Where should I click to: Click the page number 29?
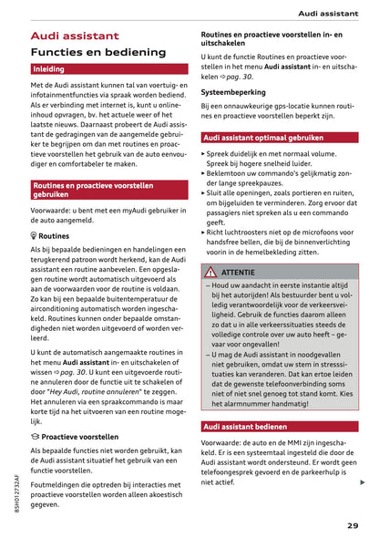[x=353, y=524]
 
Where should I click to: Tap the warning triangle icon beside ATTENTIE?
[x=210, y=272]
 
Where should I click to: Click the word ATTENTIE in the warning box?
[x=239, y=273]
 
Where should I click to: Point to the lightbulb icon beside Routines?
[x=34, y=235]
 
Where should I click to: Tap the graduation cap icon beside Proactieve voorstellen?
[x=35, y=437]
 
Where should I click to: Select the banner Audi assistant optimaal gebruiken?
[x=263, y=137]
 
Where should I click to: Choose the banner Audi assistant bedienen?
[x=244, y=426]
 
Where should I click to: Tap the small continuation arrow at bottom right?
[x=363, y=482]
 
